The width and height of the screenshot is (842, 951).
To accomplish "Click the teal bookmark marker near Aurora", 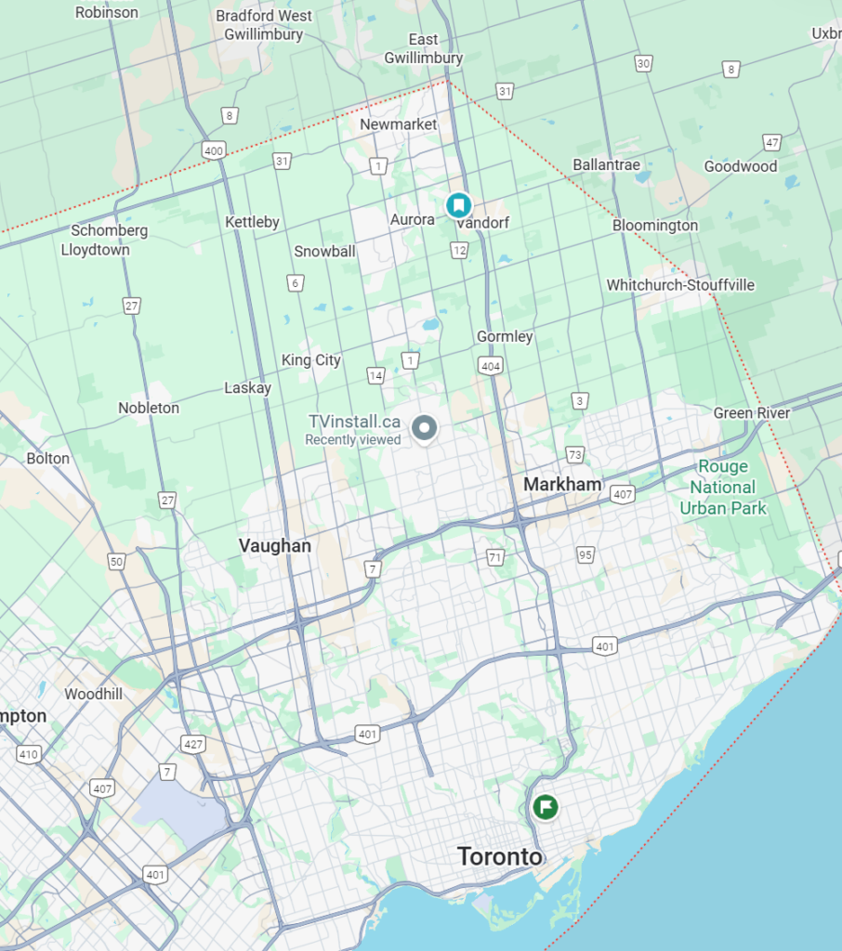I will click(x=458, y=204).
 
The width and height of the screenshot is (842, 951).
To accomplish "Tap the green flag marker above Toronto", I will click(x=546, y=806).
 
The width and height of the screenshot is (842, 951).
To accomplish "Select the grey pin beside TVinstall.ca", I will click(x=425, y=428).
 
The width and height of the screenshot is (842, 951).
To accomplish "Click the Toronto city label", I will click(x=499, y=856).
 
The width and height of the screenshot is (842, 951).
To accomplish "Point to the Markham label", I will click(x=562, y=484).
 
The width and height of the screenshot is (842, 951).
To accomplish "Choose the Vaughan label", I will click(x=274, y=545).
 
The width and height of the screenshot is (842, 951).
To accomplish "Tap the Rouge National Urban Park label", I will click(x=723, y=488).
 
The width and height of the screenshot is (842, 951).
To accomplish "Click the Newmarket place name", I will click(x=398, y=124).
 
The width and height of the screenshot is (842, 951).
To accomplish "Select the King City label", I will click(x=311, y=360).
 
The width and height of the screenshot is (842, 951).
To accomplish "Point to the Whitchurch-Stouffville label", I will click(x=680, y=285).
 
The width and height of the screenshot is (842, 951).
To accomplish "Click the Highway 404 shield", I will click(x=491, y=367).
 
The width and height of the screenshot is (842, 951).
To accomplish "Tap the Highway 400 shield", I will click(x=213, y=150).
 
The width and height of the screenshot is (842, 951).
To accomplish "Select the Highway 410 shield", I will click(x=29, y=754).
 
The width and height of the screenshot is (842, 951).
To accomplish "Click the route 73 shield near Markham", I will click(x=574, y=454).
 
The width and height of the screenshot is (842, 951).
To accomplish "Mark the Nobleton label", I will click(x=149, y=408).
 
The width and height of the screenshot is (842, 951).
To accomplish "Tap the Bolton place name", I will click(x=47, y=458).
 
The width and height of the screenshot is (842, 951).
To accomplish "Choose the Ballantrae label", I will click(x=606, y=164).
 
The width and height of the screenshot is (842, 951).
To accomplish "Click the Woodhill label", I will click(x=94, y=694).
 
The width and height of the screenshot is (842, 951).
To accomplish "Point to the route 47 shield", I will click(x=771, y=142).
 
